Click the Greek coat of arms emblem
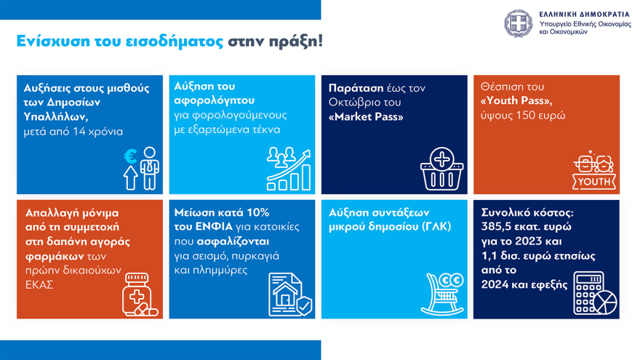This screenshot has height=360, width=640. pyautogui.click(x=519, y=23)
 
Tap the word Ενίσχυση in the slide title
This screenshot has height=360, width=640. pyautogui.click(x=47, y=41)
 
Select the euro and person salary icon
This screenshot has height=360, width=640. pyautogui.click(x=141, y=168)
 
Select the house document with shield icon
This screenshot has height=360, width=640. pyautogui.click(x=289, y=295)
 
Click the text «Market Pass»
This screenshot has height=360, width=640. pyautogui.click(x=366, y=116)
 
